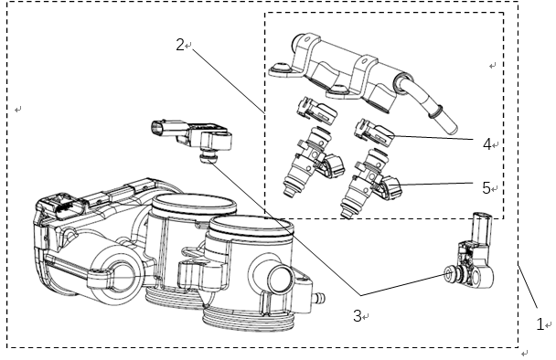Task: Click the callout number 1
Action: click(x=540, y=324)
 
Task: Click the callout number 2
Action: click(x=180, y=45)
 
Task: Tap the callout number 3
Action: click(x=358, y=316)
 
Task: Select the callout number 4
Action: click(x=486, y=143)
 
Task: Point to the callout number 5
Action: click(x=486, y=187)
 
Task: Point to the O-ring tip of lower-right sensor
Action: click(x=449, y=273)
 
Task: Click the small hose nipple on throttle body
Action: click(x=319, y=297)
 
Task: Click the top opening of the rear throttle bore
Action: click(x=194, y=205)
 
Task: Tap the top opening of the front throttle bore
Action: click(x=251, y=228)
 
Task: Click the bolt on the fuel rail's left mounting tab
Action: click(x=281, y=66)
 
